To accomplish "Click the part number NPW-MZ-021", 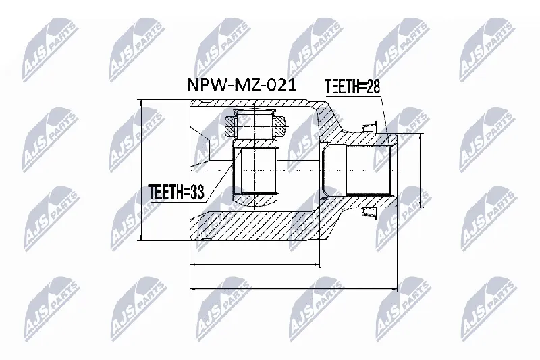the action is [242, 84].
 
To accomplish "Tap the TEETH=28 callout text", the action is [352, 86].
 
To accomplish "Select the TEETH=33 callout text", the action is [176, 192].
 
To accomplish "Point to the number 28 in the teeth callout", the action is [373, 86].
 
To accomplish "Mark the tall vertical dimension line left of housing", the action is [141, 170].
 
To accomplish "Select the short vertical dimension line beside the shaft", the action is [420, 170].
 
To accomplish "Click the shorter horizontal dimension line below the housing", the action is [255, 265].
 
